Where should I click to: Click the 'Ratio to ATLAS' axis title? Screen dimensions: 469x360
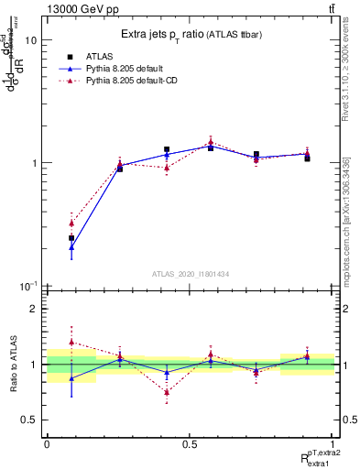click(12, 365)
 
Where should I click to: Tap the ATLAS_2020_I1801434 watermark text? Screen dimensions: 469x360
click(190, 274)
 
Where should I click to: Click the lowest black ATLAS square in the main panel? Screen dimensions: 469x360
click(71, 238)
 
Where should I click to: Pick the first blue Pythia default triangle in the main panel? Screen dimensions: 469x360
click(71, 247)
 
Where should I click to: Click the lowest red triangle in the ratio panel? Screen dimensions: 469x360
click(167, 392)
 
